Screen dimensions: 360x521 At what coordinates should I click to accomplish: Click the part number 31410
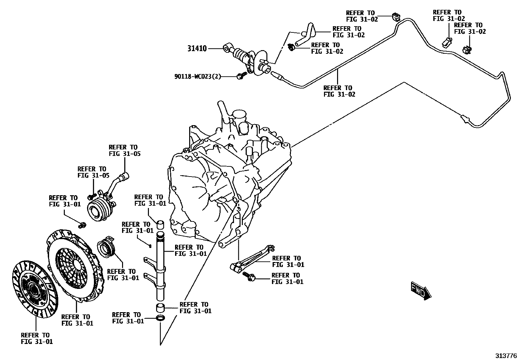(x=197, y=48)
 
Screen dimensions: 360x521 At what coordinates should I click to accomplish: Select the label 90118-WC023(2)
(x=197, y=77)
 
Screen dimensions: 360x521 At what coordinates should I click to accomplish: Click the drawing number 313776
(x=505, y=356)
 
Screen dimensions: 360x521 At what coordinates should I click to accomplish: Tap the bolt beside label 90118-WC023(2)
(x=241, y=77)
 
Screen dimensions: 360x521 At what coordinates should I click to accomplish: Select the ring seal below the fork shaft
(x=161, y=318)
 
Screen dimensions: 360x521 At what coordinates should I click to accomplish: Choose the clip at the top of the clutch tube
(x=396, y=17)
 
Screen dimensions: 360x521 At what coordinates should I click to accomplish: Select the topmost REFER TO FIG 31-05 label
(x=124, y=150)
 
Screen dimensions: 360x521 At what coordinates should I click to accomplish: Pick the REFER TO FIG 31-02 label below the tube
(x=339, y=91)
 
